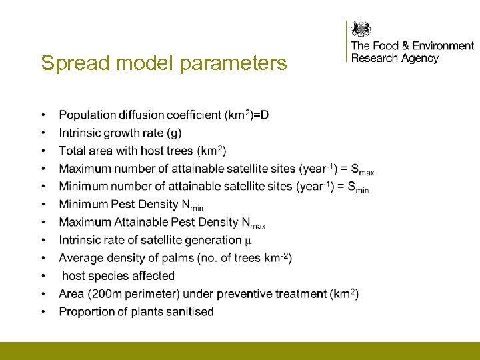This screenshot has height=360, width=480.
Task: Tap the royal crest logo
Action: pyautogui.click(x=361, y=29)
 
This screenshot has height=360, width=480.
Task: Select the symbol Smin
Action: pyautogui.click(x=358, y=187)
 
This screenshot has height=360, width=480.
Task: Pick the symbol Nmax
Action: pyautogui.click(x=253, y=223)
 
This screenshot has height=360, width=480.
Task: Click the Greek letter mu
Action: pyautogui.click(x=248, y=241)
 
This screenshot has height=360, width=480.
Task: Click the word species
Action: pyautogui.click(x=109, y=276)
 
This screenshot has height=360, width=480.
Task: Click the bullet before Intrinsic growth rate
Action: pyautogui.click(x=43, y=133)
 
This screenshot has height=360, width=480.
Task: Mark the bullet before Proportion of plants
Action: pyautogui.click(x=43, y=312)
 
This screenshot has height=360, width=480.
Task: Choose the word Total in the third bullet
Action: pyautogui.click(x=71, y=151)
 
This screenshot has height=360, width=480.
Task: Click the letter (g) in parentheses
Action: pyautogui.click(x=175, y=133)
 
